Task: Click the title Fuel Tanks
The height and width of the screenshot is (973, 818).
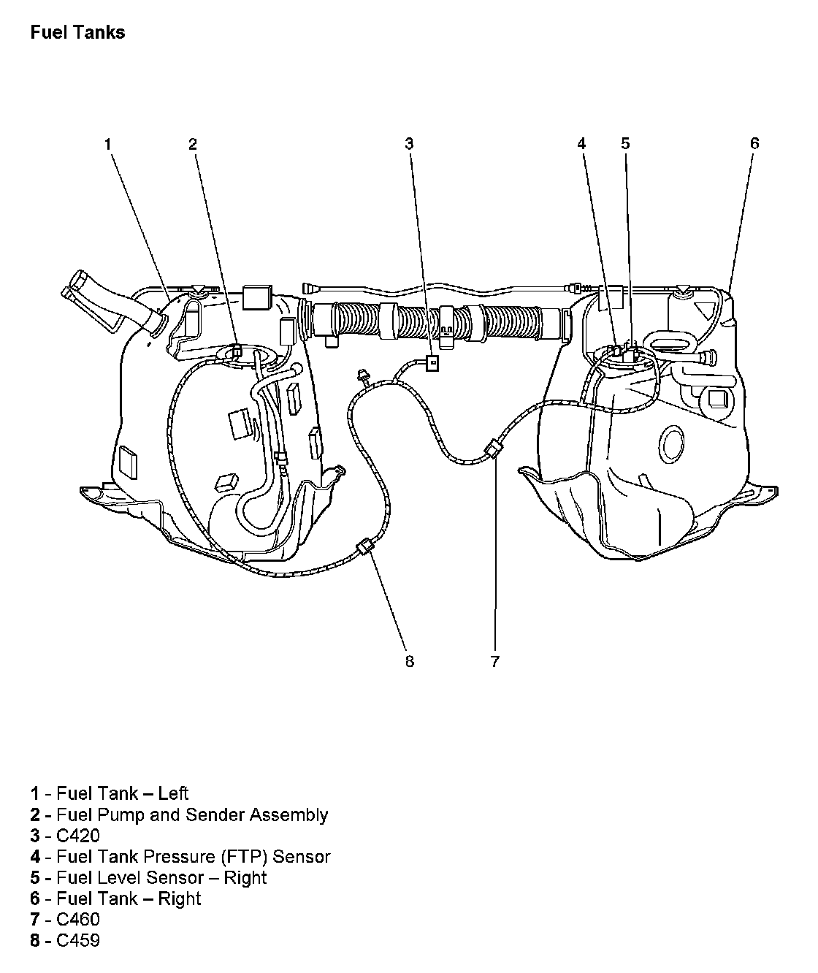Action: click(77, 33)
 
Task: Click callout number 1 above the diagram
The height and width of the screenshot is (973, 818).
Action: click(107, 144)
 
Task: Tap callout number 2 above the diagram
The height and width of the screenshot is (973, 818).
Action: click(193, 144)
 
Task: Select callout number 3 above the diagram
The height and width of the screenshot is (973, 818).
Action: click(409, 144)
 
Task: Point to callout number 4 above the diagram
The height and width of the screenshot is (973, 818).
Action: click(581, 144)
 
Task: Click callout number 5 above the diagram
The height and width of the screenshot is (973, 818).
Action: click(625, 144)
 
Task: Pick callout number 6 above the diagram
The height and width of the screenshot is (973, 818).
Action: click(754, 144)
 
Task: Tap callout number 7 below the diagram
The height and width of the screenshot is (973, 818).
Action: click(494, 662)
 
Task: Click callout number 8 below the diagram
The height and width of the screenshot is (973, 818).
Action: click(409, 662)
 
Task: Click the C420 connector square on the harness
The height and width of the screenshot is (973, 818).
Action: click(432, 362)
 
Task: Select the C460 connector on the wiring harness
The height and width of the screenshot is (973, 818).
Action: click(493, 448)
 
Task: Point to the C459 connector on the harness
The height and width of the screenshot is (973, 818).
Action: click(364, 548)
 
